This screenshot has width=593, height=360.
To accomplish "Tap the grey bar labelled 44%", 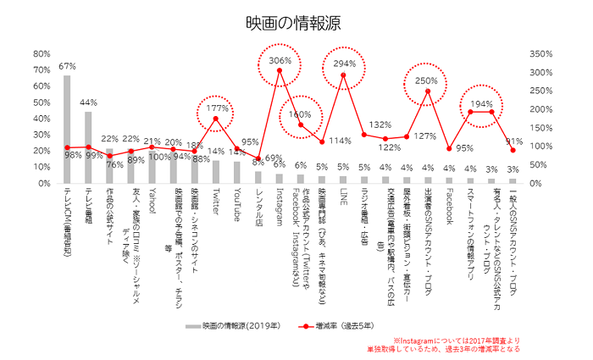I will pyautogui.click(x=88, y=147).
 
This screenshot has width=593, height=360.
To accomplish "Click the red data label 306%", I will pyautogui.click(x=280, y=60).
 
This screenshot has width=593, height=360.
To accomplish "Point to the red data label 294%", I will pyautogui.click(x=344, y=64).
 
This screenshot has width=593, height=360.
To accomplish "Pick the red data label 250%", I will pyautogui.click(x=428, y=80).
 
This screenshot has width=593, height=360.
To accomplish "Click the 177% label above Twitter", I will pyautogui.click(x=218, y=108).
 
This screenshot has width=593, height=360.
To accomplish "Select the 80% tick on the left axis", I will pyautogui.click(x=41, y=53).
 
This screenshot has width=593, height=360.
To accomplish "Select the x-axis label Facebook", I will pyautogui.click(x=449, y=208).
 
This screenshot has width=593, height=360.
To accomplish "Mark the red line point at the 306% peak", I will pyautogui.click(x=280, y=69).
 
